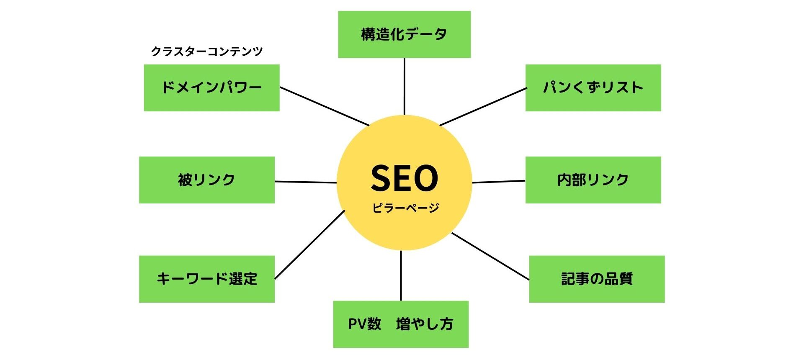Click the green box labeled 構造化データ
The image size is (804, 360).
(x=404, y=34)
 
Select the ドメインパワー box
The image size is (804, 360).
(x=211, y=87)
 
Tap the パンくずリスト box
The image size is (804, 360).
(x=593, y=87)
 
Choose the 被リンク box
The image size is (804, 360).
(x=206, y=180)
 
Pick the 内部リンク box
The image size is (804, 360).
(x=593, y=180)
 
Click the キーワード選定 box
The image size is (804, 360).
(x=206, y=279)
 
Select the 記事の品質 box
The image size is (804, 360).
(x=597, y=279)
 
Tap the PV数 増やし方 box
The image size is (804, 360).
(x=401, y=324)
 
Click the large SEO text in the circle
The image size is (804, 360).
(x=404, y=178)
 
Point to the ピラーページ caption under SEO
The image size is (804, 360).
(x=405, y=208)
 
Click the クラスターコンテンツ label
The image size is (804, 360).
(x=207, y=51)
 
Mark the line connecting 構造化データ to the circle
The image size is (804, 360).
(x=404, y=86)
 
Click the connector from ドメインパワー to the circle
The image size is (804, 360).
(x=325, y=106)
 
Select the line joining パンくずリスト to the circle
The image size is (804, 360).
(x=483, y=106)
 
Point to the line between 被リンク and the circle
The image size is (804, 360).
(x=306, y=182)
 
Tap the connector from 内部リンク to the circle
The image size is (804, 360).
(x=499, y=182)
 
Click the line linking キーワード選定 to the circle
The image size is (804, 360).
(x=309, y=244)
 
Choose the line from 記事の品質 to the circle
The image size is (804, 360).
(x=490, y=256)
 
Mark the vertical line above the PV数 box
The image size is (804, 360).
(x=401, y=275)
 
